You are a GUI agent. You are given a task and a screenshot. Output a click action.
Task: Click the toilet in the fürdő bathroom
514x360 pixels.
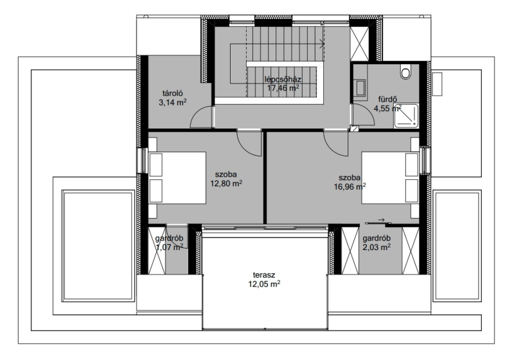point(405,72)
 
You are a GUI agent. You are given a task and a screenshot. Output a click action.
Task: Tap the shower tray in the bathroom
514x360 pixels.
point(406,116)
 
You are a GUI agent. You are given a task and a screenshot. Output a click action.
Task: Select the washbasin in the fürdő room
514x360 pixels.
point(360,88)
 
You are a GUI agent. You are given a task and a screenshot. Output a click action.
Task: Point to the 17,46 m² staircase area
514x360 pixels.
point(283,87)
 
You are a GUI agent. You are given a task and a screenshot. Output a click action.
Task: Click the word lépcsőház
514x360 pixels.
point(283,79)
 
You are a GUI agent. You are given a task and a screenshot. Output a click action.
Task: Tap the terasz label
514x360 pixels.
point(264,274)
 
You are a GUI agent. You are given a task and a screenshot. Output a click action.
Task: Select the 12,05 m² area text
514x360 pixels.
point(264,284)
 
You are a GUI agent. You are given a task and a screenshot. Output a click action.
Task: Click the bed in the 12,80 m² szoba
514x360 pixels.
point(177,177)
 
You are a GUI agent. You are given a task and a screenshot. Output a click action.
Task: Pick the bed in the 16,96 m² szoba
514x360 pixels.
point(391,177)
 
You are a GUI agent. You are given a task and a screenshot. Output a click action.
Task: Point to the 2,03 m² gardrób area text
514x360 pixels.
point(377,247)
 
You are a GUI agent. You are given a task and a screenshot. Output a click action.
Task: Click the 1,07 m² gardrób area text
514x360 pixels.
point(169,248)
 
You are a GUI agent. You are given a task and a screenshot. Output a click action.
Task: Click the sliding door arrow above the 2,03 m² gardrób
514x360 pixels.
point(381,219)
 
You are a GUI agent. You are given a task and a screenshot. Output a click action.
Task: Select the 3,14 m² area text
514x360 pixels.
point(173,102)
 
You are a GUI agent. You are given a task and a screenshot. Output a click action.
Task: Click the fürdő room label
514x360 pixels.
point(388,99)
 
